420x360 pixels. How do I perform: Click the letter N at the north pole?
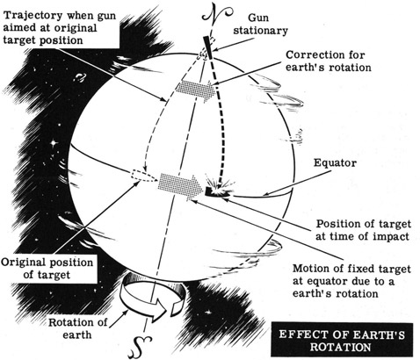pyautogui.click(x=216, y=14)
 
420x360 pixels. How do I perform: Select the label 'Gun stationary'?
pyautogui.click(x=260, y=24)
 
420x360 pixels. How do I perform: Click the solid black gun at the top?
pyautogui.click(x=207, y=47)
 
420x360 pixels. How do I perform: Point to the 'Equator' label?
pyautogui.click(x=335, y=162)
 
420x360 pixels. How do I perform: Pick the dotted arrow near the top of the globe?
pyautogui.click(x=196, y=90)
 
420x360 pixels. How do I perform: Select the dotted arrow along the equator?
pyautogui.click(x=180, y=186)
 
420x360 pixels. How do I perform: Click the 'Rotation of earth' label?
pyautogui.click(x=77, y=328)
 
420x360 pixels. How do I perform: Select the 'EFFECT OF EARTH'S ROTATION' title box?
pyautogui.click(x=342, y=341)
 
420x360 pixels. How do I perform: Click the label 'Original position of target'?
pyautogui.click(x=47, y=269)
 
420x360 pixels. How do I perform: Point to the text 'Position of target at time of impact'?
pyautogui.click(x=363, y=230)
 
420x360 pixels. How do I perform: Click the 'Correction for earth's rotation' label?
pyautogui.click(x=329, y=61)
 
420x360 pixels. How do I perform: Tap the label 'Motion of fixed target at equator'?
pyautogui.click(x=351, y=275)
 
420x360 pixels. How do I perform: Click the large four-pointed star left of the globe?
pyautogui.click(x=54, y=143)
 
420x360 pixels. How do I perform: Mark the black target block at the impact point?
pyautogui.click(x=210, y=191)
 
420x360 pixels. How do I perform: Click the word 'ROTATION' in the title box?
pyautogui.click(x=341, y=347)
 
